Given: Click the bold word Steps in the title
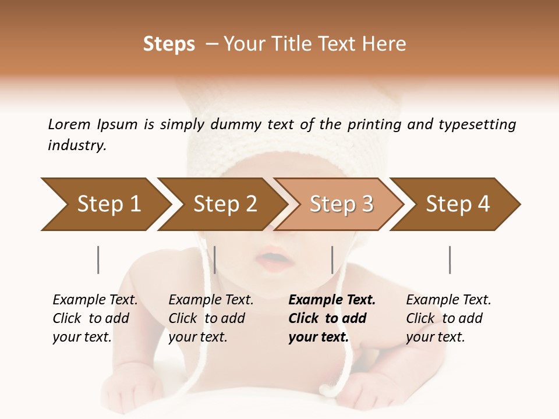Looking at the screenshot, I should click(x=169, y=44).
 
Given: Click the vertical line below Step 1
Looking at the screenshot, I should click(x=98, y=260).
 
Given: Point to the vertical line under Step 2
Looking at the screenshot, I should click(x=215, y=260).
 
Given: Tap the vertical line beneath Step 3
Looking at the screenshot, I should click(x=332, y=260).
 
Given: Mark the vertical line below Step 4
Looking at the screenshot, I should click(x=450, y=260).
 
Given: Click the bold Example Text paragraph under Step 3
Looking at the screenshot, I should click(x=332, y=318).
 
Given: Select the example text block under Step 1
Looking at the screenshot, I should click(x=95, y=318).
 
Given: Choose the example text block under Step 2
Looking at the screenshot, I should click(x=211, y=318).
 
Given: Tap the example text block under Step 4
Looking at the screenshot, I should click(x=448, y=318).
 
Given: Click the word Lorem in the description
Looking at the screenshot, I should click(x=69, y=124).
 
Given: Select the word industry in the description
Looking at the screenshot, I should click(x=77, y=145).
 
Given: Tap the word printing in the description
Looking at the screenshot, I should click(x=373, y=125).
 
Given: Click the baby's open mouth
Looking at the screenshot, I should click(x=273, y=257).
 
